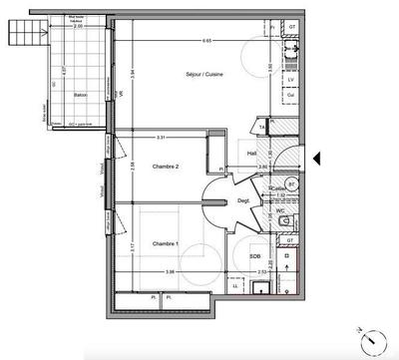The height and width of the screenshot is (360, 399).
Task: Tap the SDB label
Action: coord(256,256)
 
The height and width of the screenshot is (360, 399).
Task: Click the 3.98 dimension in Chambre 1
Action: coord(171,272)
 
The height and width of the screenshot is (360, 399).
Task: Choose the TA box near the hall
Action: coord(261,128)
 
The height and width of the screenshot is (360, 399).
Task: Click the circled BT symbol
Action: coord(291,185)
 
